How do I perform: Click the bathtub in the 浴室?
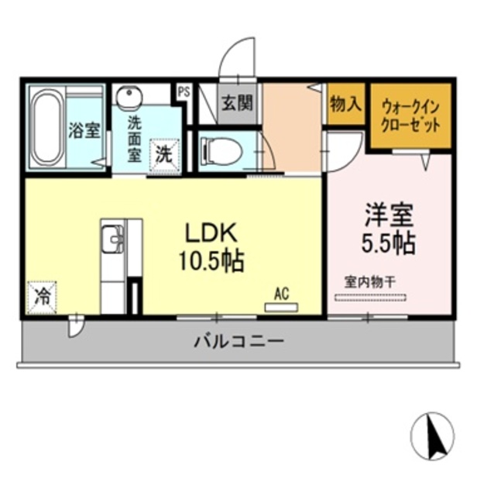47,128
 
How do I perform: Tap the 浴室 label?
84,129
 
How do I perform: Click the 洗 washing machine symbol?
165,153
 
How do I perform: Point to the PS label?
184,91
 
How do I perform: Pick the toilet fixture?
221,151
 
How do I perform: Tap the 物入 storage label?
345,104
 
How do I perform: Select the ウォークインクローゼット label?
410,116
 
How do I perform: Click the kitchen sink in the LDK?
113,238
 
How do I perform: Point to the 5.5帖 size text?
389,243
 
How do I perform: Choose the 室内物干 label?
370,282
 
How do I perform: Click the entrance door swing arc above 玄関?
235,58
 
